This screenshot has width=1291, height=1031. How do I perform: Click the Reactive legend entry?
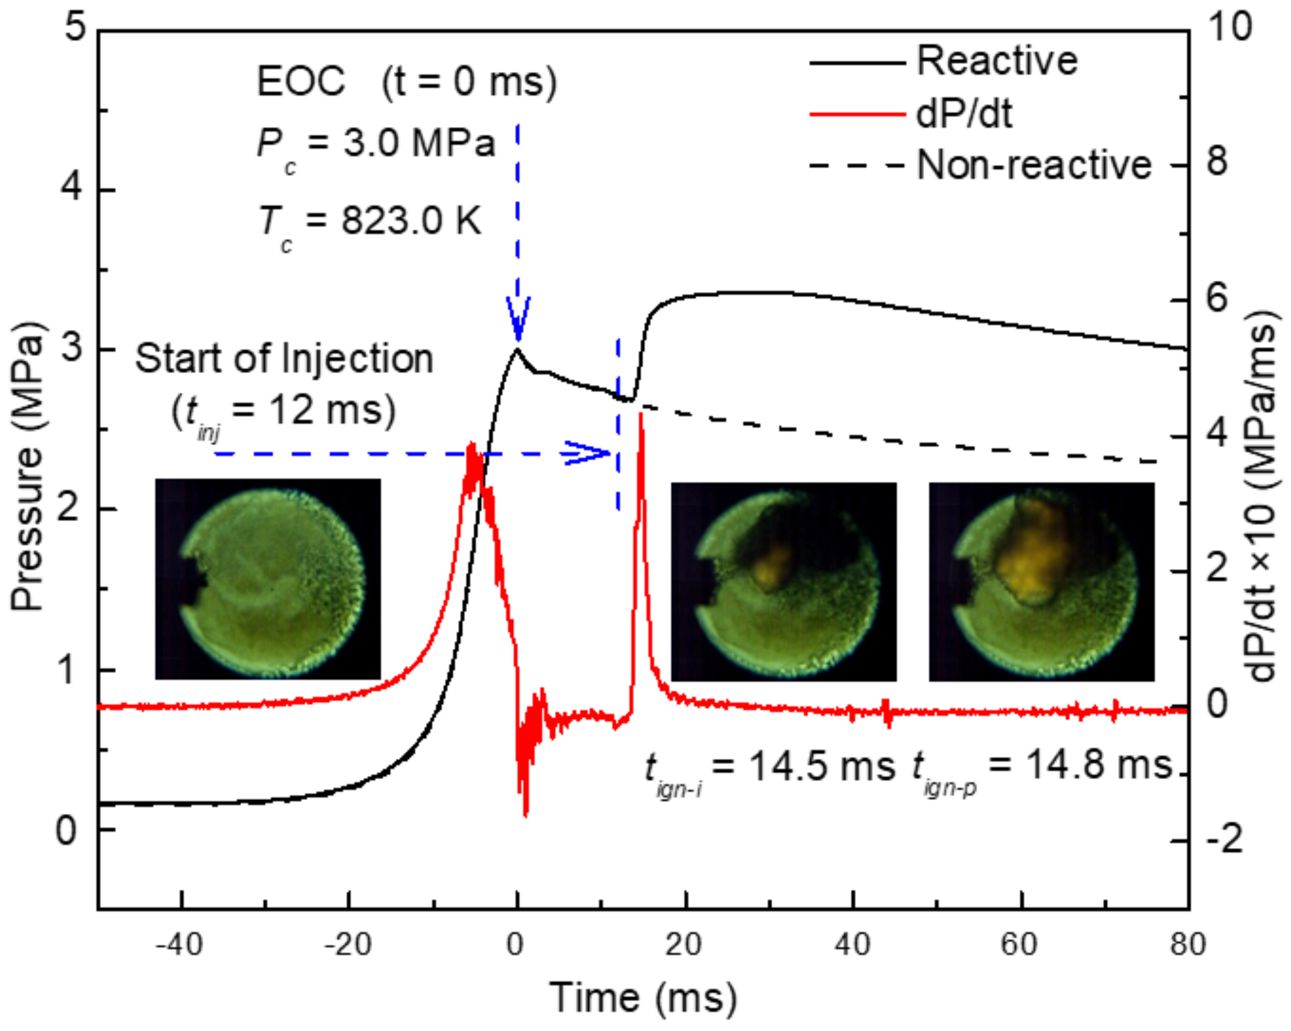(996, 61)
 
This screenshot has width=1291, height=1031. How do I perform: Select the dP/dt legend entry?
(964, 114)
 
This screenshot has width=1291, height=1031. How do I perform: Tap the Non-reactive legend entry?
(1034, 165)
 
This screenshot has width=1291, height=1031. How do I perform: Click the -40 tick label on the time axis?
(179, 945)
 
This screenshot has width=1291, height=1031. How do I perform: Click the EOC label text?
(301, 82)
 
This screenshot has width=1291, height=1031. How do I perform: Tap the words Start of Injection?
(284, 359)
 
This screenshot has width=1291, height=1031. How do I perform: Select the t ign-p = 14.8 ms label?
(1042, 767)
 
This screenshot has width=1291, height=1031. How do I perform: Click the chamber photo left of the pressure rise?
(268, 578)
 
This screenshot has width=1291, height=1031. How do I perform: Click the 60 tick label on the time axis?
(1019, 945)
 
